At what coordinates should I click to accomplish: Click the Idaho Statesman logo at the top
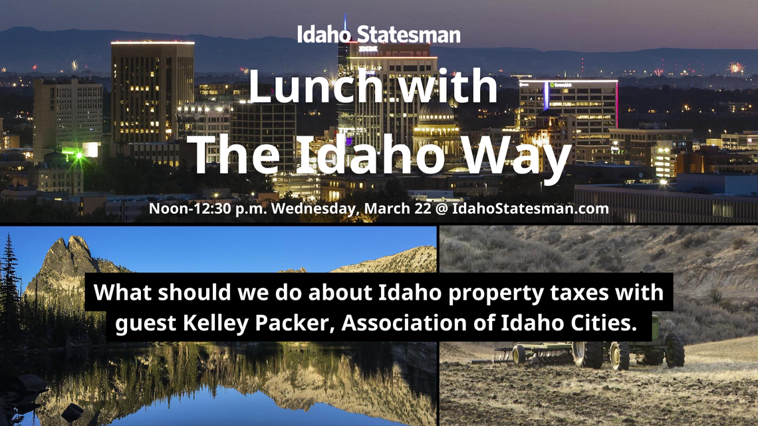click(378, 34)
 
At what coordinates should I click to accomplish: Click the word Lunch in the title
click(303, 86)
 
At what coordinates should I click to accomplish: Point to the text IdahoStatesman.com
click(531, 208)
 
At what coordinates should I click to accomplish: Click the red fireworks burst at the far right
click(735, 67)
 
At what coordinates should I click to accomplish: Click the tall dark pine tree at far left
click(9, 279)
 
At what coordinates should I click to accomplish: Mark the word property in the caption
click(473, 293)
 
